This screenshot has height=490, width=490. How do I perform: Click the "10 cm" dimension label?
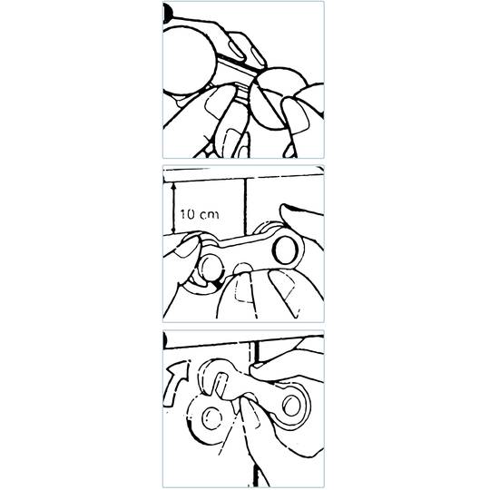(x=200, y=214)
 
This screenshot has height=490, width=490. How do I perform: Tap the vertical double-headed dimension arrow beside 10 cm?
(x=173, y=208)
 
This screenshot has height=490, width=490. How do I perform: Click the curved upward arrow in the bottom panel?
(x=176, y=384)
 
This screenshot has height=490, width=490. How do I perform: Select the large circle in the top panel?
(x=189, y=60)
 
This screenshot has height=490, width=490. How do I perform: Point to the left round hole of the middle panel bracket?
(x=210, y=268)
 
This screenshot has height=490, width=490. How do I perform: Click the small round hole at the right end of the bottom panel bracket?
(x=291, y=406)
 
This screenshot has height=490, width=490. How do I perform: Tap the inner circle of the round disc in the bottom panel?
(x=211, y=418)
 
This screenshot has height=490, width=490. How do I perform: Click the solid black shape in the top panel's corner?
(x=167, y=13)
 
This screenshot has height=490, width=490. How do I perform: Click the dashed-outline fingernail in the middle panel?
(x=244, y=290)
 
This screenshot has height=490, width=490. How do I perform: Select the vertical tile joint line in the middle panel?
(x=246, y=206)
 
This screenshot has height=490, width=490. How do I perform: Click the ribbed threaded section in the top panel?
(x=241, y=93)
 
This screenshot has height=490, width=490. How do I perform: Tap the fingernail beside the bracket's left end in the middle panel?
(x=187, y=247)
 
